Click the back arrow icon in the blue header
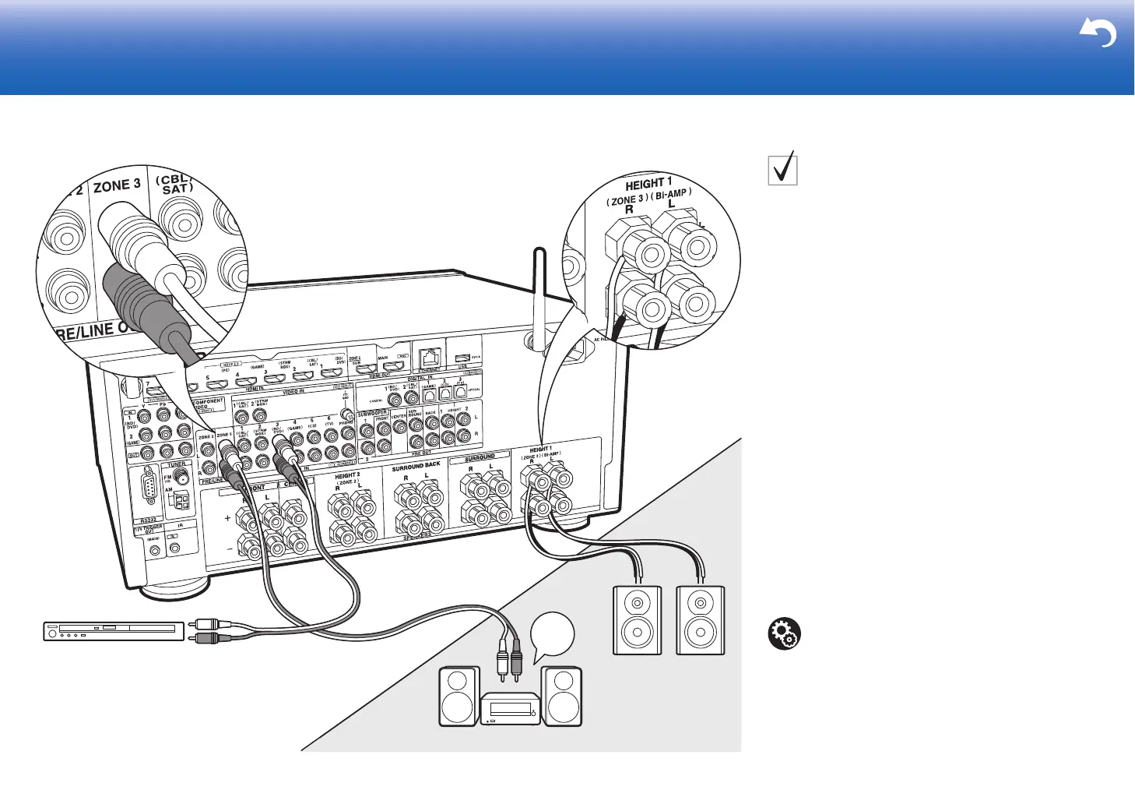point(1098,33)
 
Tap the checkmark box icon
point(782,168)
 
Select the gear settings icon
point(784,634)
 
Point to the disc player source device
point(114,630)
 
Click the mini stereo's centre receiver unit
point(510,709)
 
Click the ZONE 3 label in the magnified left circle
point(117,186)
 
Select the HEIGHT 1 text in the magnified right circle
point(648,184)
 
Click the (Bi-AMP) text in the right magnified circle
point(671,194)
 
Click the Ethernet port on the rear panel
point(429,358)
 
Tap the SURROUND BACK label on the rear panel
point(416,467)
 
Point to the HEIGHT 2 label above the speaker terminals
point(347,475)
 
